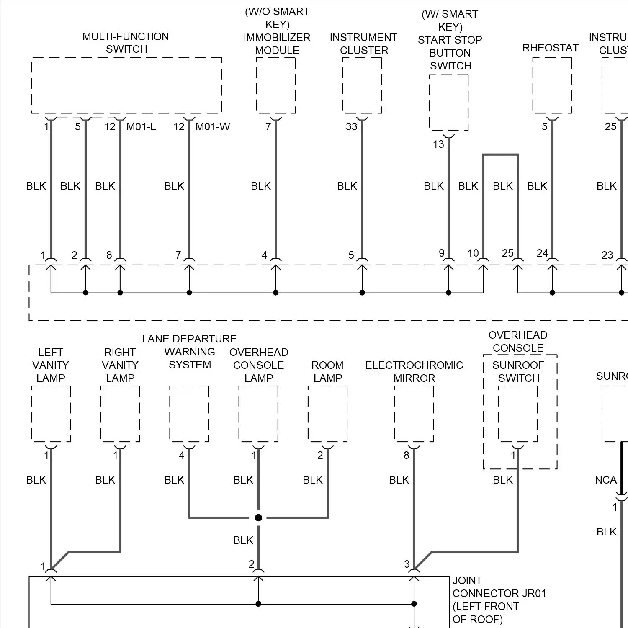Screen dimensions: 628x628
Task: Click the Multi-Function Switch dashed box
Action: pyautogui.click(x=126, y=85)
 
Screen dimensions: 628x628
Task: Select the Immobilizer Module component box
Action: pyautogui.click(x=275, y=85)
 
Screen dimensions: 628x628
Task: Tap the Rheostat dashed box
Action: pyautogui.click(x=552, y=85)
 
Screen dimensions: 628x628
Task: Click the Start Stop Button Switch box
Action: pyautogui.click(x=448, y=103)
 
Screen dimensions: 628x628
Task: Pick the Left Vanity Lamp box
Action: pyautogui.click(x=51, y=414)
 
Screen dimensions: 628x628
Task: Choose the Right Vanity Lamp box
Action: pyautogui.click(x=120, y=414)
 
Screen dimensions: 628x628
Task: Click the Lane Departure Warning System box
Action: pyautogui.click(x=189, y=414)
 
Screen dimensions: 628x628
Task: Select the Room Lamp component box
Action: pyautogui.click(x=327, y=414)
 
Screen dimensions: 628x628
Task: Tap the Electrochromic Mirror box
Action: pyautogui.click(x=414, y=414)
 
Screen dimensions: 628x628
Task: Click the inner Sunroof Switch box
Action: pyautogui.click(x=518, y=414)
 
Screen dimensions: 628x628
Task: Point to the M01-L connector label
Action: pyautogui.click(x=141, y=127)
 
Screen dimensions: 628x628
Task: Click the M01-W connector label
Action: pyautogui.click(x=213, y=127)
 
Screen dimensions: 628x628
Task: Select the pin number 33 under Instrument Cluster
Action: pyautogui.click(x=351, y=127)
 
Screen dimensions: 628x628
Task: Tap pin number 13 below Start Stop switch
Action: pyautogui.click(x=438, y=144)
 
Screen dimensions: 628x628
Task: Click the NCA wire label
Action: pyautogui.click(x=605, y=480)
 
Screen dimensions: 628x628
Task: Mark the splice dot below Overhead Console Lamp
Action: pyautogui.click(x=258, y=518)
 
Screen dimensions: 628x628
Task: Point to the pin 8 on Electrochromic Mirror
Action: pyautogui.click(x=406, y=456)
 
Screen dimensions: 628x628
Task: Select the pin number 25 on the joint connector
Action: pyautogui.click(x=507, y=253)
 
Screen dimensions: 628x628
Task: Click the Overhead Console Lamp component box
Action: pyautogui.click(x=258, y=414)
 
